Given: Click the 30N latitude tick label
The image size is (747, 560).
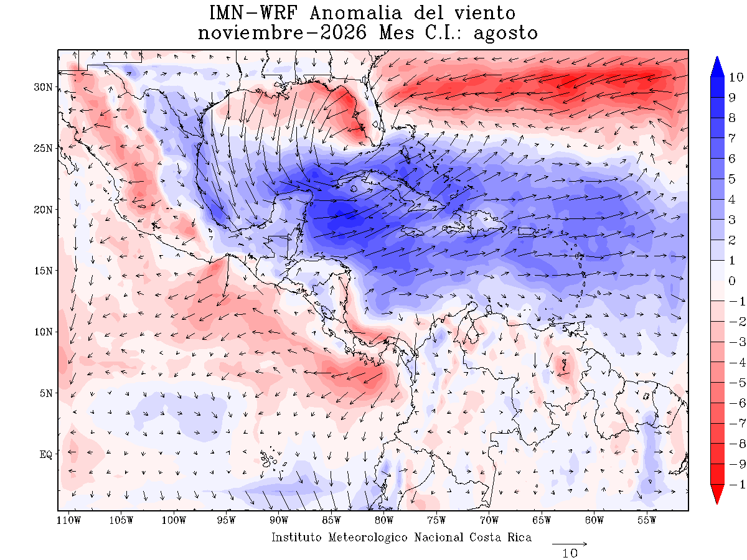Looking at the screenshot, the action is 43,87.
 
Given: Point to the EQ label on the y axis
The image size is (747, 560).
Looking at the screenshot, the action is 46,455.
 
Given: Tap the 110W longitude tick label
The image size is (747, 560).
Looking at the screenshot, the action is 69,521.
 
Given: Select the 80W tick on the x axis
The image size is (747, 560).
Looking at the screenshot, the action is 384,521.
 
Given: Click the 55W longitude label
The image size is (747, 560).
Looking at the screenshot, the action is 647,521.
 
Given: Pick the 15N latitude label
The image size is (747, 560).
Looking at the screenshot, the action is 43,271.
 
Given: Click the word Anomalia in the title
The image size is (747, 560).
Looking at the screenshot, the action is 355,14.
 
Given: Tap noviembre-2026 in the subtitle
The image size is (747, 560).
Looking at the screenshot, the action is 282,34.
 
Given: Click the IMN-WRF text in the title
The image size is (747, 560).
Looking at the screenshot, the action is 253,13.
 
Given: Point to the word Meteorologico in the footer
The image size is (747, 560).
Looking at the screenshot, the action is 368,538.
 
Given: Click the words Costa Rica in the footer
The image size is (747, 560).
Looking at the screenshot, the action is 500,537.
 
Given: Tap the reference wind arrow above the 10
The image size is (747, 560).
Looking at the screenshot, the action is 570,544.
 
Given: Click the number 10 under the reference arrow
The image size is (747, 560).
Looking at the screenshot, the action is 570,554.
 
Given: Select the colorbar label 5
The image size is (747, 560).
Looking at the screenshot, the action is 731,179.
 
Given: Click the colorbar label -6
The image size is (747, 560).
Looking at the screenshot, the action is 736,403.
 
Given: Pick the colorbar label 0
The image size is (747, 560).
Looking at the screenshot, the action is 731,281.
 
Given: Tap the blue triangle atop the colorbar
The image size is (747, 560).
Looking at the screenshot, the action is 716,67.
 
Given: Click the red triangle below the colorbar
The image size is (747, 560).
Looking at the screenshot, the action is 716,494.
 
